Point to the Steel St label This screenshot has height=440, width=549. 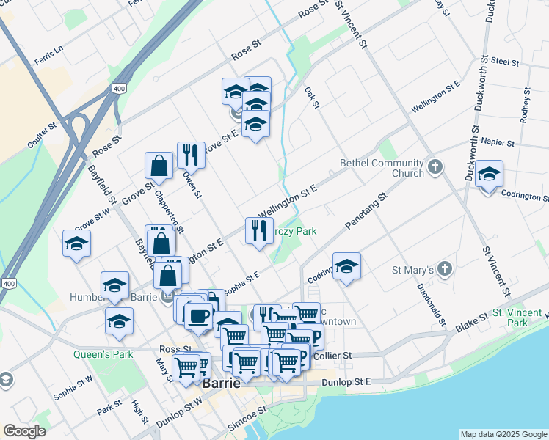tap(505, 61)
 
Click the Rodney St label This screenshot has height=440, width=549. tap(525, 105)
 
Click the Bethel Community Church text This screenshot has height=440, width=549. tap(382, 168)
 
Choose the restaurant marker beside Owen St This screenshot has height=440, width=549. tap(190, 154)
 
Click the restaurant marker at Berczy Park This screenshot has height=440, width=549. tap(258, 230)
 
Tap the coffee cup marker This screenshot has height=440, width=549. tap(197, 315)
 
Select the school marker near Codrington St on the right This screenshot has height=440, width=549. tap(489, 175)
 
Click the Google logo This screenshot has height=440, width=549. tap(25, 431)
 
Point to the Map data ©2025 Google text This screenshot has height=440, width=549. tap(503, 434)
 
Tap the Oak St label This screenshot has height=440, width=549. tap(313, 98)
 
